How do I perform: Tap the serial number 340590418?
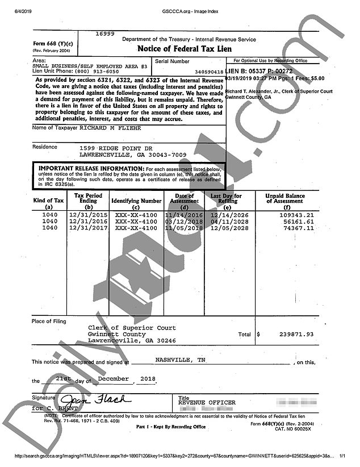pyautogui.click(x=208, y=72)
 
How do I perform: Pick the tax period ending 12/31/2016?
pyautogui.click(x=87, y=222)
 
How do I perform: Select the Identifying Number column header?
pyautogui.click(x=136, y=201)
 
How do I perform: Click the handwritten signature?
pyautogui.click(x=91, y=399)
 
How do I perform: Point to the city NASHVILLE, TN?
pyautogui.click(x=180, y=360)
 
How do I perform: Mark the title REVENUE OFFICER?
pyautogui.click(x=206, y=403)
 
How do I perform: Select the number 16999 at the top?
pyautogui.click(x=105, y=34)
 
